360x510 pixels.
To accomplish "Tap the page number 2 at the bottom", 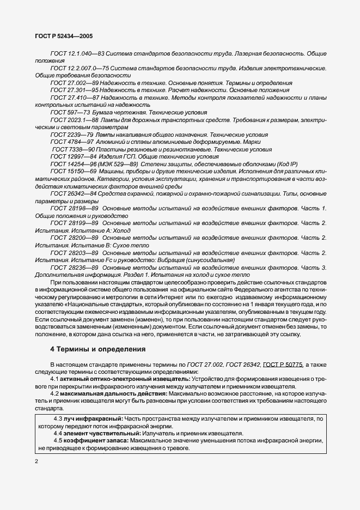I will point(36,462).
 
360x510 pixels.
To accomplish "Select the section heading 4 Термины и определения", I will point(97,349).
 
